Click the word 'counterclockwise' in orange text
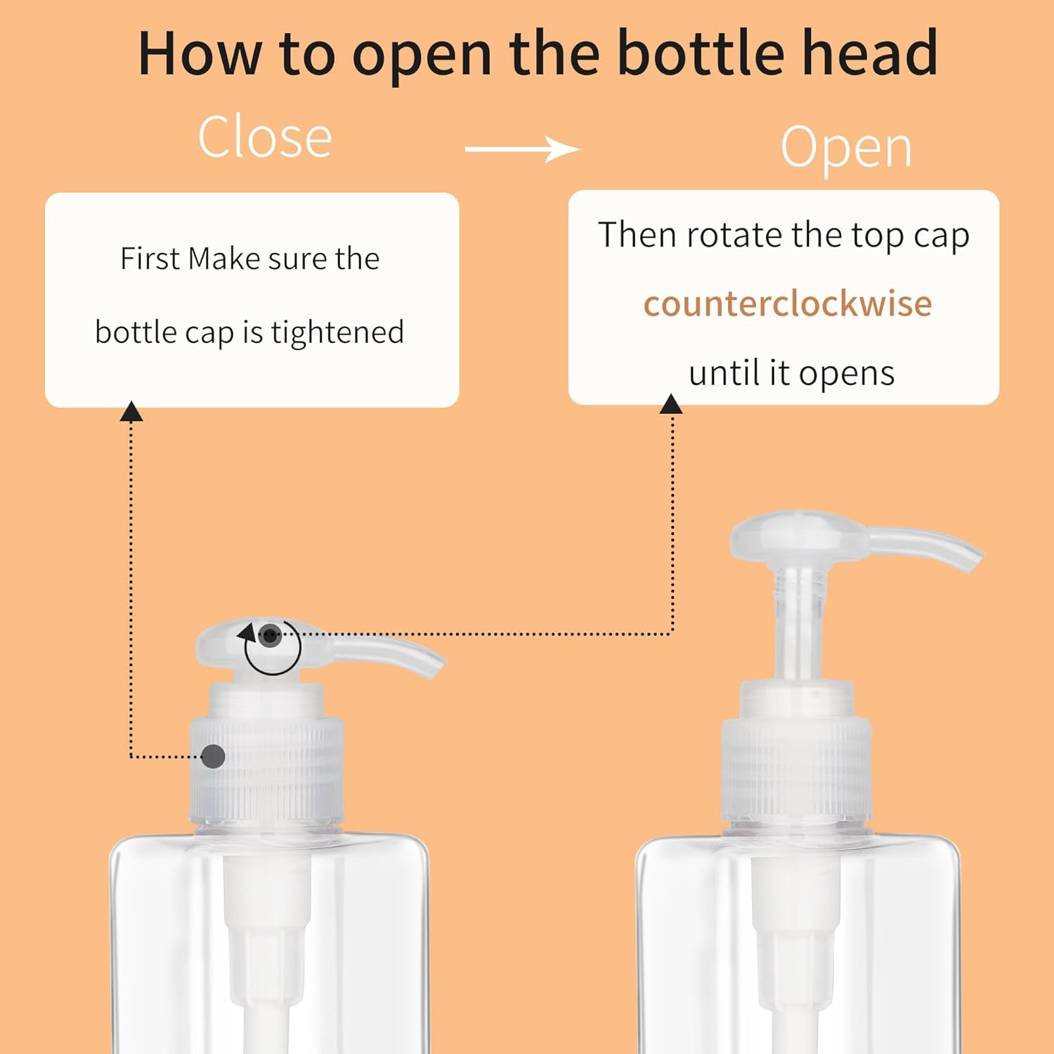pyautogui.click(x=788, y=304)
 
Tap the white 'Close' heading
pyautogui.click(x=265, y=138)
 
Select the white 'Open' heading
pyautogui.click(x=846, y=148)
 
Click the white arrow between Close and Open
pyautogui.click(x=523, y=149)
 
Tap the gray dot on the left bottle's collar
pyautogui.click(x=213, y=757)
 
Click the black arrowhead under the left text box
pyautogui.click(x=131, y=412)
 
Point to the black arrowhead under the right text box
pyautogui.click(x=671, y=405)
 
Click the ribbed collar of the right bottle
pyautogui.click(x=796, y=769)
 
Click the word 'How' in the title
pyautogui.click(x=198, y=53)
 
